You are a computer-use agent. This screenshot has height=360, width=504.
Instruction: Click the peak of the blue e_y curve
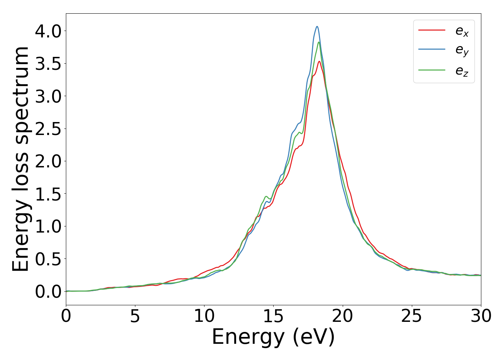pos(317,26)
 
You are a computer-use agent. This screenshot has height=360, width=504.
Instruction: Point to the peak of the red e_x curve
pos(319,61)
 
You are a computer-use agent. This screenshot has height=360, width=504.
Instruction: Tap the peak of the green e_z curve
pos(319,42)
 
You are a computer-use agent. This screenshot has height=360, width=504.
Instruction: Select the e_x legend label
pos(462,31)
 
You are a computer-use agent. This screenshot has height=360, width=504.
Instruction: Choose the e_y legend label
pos(462,51)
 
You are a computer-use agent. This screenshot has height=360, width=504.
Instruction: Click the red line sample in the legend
pos(432,30)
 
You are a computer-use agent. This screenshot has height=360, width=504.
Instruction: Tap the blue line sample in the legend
pos(432,50)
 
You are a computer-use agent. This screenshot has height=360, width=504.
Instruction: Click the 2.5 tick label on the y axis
pos(49,129)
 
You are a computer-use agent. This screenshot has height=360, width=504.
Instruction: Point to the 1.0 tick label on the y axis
pos(49,226)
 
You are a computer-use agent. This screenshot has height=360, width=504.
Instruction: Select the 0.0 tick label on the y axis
pos(49,291)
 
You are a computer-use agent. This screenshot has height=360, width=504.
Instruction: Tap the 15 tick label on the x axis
pos(273,316)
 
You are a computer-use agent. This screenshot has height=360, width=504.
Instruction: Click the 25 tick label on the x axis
pos(411,316)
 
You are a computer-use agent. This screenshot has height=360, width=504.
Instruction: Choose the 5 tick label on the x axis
pos(135,316)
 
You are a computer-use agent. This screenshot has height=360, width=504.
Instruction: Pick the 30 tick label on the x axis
pos(481,316)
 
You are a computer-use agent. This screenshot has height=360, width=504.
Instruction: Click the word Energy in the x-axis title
pos(248,338)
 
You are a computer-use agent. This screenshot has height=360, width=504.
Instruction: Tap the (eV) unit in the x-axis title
pos(314,338)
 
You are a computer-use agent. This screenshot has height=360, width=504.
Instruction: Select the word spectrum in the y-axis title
pos(21,95)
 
